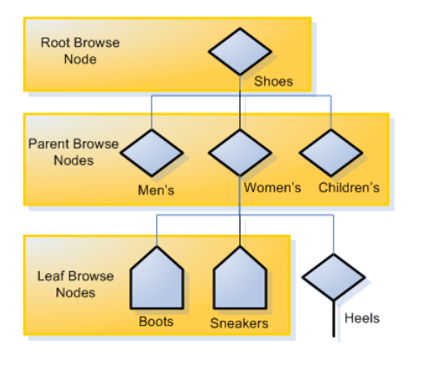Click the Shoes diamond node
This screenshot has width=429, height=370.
tap(240, 51)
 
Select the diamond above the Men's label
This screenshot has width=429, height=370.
tap(152, 153)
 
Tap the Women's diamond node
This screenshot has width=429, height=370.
tap(240, 153)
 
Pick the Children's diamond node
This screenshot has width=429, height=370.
tap(331, 153)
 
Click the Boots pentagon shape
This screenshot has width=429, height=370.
tap(157, 277)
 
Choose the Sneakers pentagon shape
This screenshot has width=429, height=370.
tap(240, 277)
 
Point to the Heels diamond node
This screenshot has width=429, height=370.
tap(334, 277)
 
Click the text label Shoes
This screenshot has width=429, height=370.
tap(273, 81)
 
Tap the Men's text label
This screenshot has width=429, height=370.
tap(156, 191)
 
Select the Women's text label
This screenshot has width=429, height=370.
tap(272, 188)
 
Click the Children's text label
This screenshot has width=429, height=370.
tap(349, 188)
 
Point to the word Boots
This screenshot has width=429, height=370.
tap(156, 321)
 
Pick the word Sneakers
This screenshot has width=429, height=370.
tap(239, 323)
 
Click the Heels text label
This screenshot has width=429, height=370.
tap(362, 318)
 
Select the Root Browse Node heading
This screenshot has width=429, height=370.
tap(80, 51)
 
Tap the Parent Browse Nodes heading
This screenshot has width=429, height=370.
tap(74, 152)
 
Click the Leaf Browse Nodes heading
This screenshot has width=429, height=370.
tap(75, 284)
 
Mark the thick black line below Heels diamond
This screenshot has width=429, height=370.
tap(334, 319)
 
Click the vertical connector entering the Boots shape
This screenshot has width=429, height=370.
tap(157, 230)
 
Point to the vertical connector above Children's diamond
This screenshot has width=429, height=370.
tap(331, 112)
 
